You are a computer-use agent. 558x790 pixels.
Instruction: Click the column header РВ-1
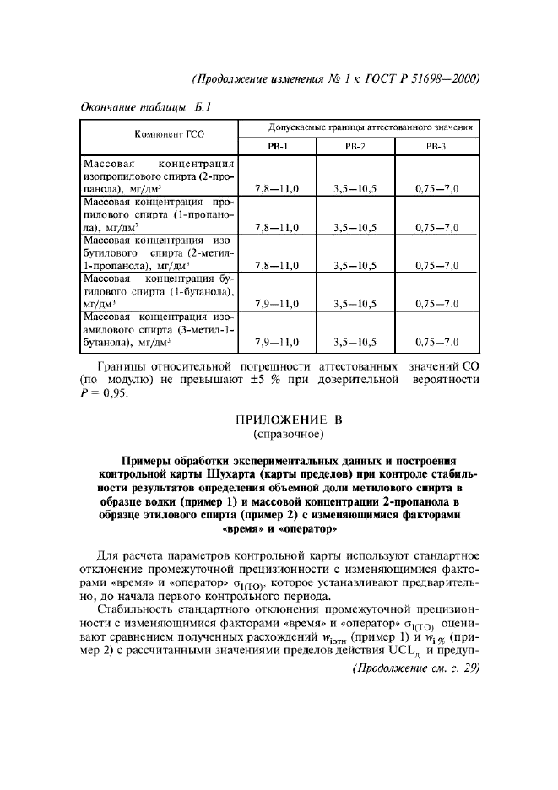[x=278, y=146]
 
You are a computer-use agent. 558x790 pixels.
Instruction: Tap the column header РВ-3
[x=436, y=146]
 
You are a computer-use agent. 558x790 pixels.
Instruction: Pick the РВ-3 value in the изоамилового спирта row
[x=436, y=342]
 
